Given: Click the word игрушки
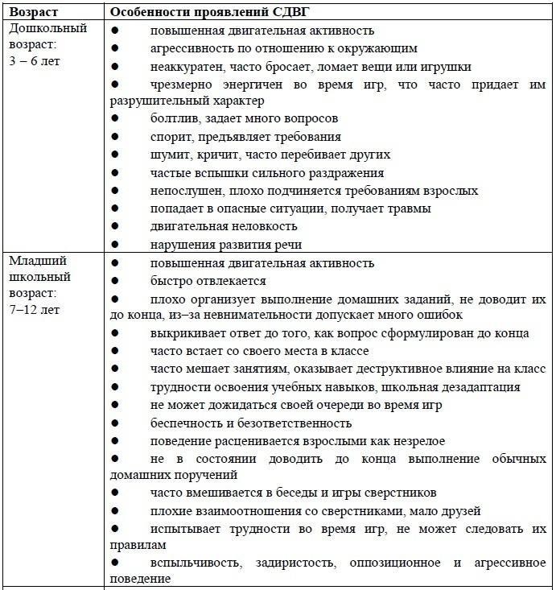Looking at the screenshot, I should click(445, 67).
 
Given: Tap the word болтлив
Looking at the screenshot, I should click(173, 119).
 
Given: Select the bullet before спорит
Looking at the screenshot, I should click(115, 137).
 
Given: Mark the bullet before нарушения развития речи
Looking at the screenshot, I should click(115, 244).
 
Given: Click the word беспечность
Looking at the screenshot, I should click(187, 423).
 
